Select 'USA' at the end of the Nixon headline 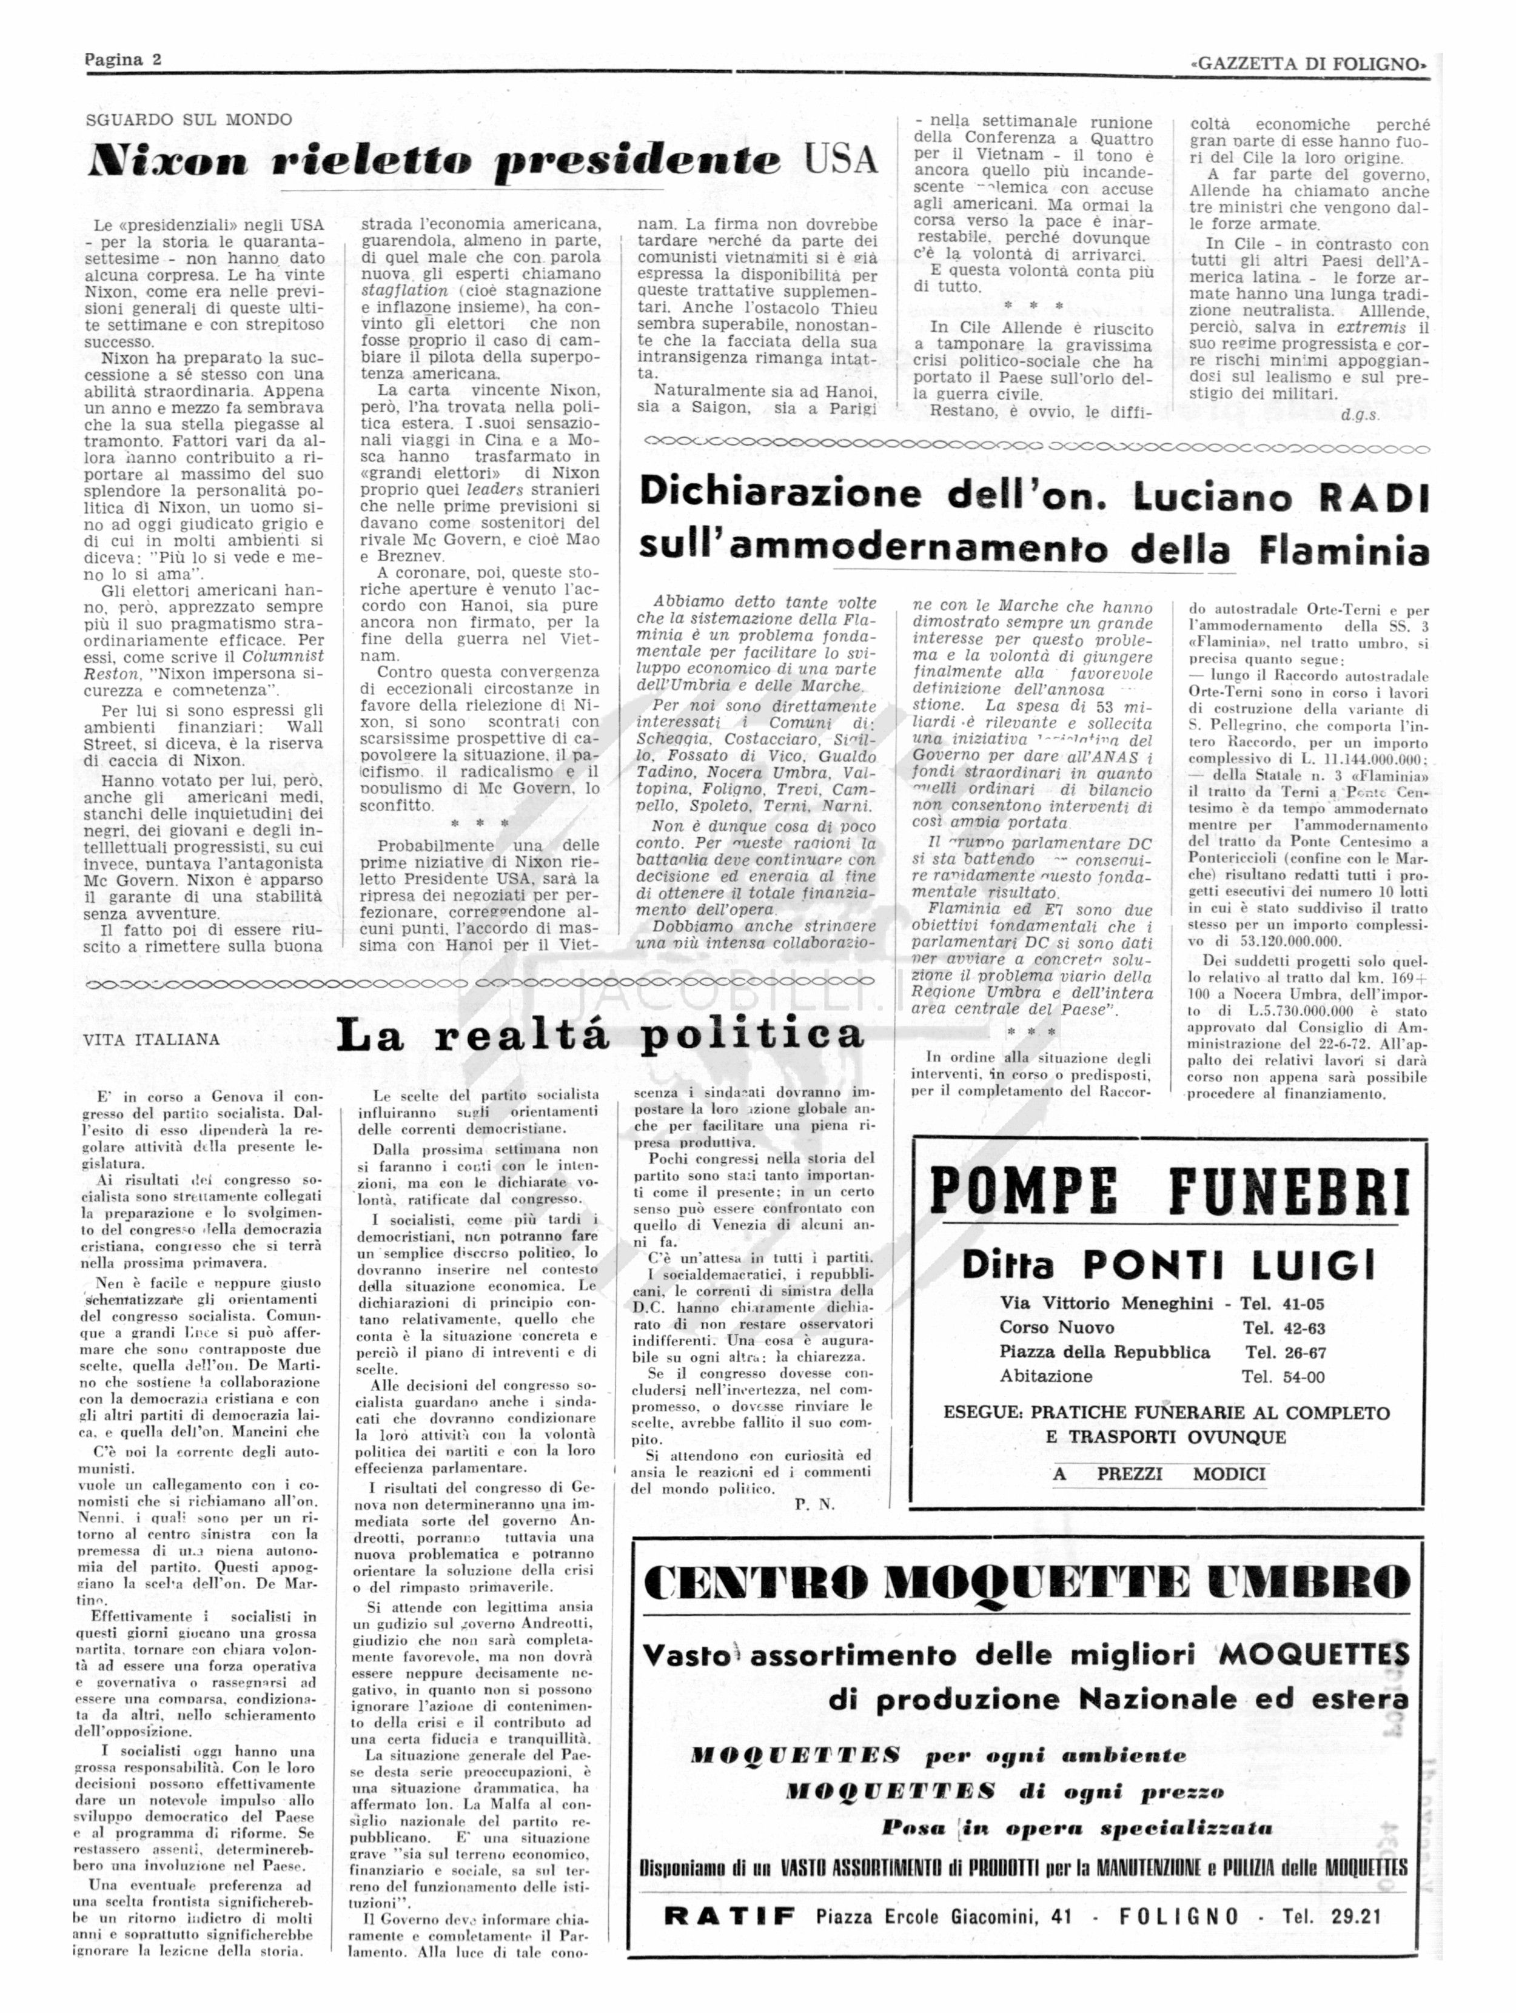pos(841,160)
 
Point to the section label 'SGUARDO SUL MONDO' pos(189,119)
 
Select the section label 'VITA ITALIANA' pos(151,1039)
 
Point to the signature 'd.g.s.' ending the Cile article pos(1360,415)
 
